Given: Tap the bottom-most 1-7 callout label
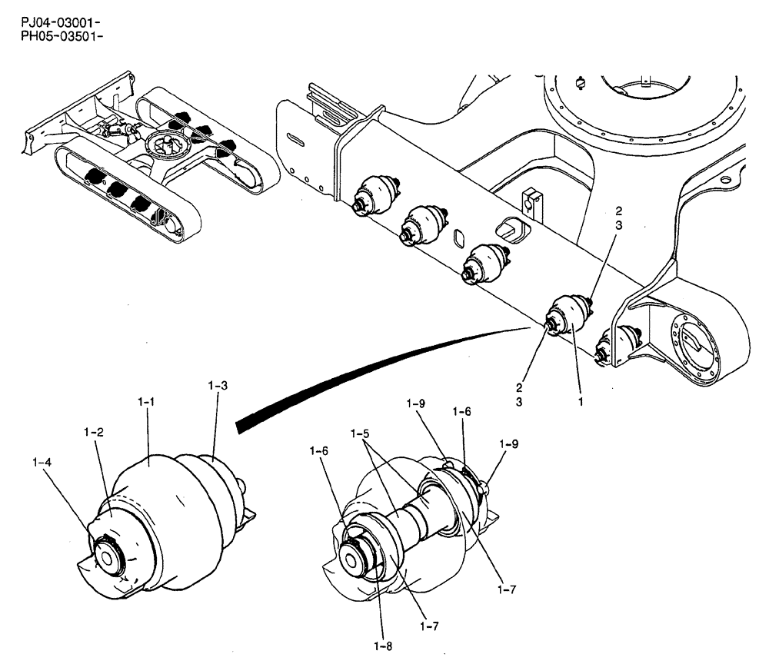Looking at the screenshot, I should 430,626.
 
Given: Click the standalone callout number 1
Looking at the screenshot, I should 581,401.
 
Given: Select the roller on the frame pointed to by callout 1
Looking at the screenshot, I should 568,316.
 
